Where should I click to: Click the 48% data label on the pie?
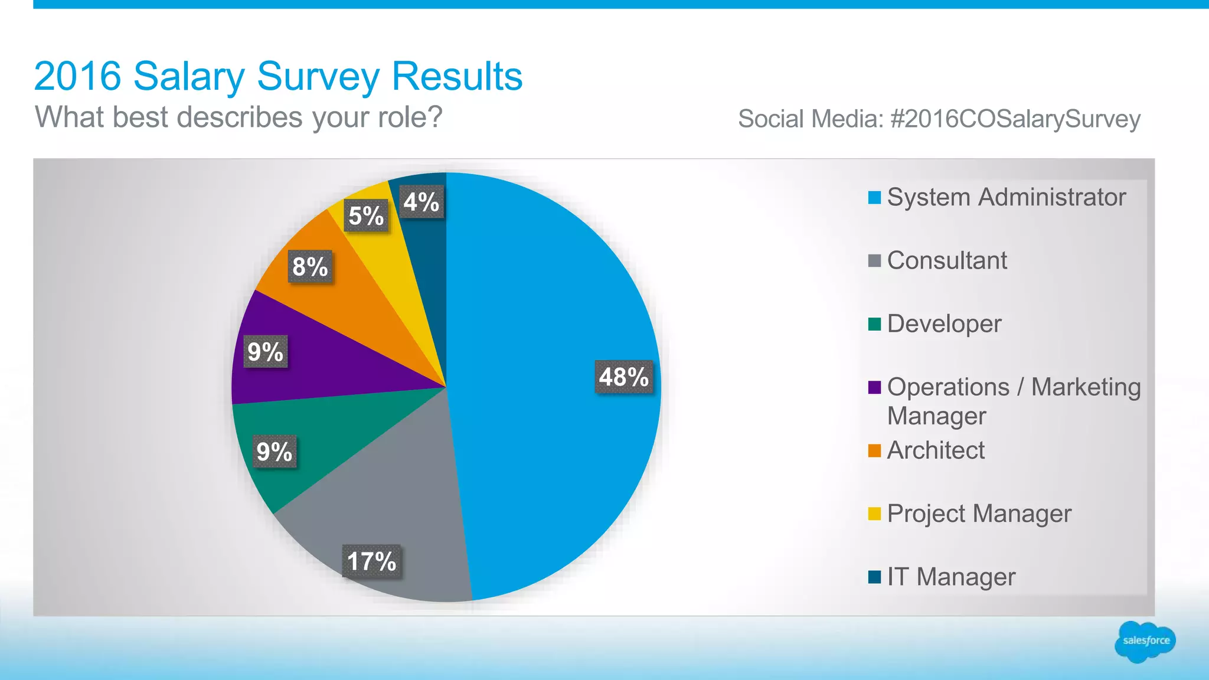(x=624, y=377)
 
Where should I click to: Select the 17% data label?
(x=371, y=561)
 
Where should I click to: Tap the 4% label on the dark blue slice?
(x=421, y=202)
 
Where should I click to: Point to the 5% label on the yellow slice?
(x=366, y=216)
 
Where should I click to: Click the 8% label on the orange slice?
(x=310, y=267)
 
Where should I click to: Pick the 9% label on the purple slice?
(x=266, y=352)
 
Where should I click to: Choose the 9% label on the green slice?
(x=275, y=452)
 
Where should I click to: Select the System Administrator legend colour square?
(x=874, y=197)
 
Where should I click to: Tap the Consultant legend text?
(x=947, y=260)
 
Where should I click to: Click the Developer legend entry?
(x=944, y=323)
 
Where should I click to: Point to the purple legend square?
(x=874, y=387)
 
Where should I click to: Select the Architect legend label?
(x=936, y=450)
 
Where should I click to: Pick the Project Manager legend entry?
(x=979, y=514)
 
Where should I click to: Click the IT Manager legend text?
(x=951, y=577)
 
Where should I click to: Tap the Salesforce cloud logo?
(x=1145, y=641)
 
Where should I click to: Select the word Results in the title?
(x=457, y=76)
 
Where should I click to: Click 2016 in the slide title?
(x=77, y=76)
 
